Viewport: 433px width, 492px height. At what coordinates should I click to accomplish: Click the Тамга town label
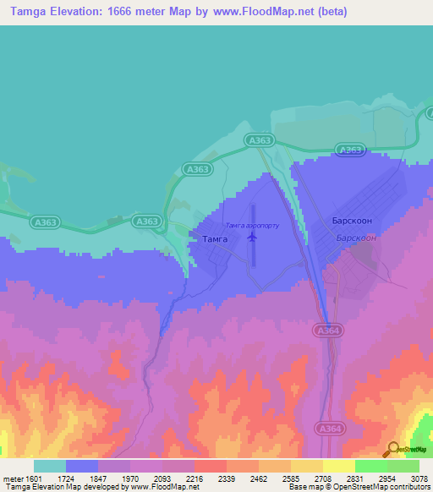click(213, 239)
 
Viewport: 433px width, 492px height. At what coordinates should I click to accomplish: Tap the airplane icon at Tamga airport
click(252, 237)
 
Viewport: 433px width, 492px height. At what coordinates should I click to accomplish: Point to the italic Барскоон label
click(355, 238)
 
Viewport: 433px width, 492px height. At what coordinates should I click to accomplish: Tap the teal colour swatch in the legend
click(50, 466)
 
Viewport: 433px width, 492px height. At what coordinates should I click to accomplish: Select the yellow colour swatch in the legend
click(338, 466)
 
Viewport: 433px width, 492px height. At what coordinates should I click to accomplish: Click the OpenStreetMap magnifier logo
click(392, 449)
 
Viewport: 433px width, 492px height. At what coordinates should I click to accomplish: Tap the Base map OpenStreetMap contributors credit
click(359, 487)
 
